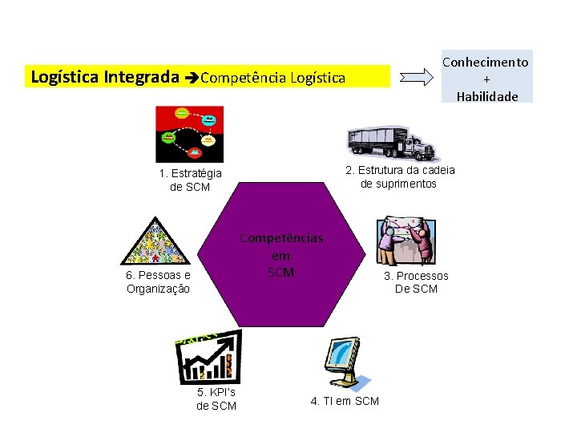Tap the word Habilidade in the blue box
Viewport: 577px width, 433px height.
coord(487,96)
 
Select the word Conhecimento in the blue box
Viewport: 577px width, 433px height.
coord(486,62)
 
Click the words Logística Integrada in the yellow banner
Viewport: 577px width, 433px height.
coord(104,78)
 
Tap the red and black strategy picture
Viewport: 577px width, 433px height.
coord(189,133)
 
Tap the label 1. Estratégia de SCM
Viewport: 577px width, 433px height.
coord(190,180)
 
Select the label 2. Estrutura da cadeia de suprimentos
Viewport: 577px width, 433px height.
coord(399,177)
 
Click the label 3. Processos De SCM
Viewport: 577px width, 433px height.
coord(416,282)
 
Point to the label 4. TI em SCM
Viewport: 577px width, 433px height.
coord(345,401)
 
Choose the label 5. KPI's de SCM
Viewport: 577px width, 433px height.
coord(216,399)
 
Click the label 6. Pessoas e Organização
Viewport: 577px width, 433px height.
coord(158,282)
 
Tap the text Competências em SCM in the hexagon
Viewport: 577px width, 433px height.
coord(281,255)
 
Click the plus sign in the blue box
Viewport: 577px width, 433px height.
coord(486,79)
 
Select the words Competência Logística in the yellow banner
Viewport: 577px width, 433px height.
coord(272,79)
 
